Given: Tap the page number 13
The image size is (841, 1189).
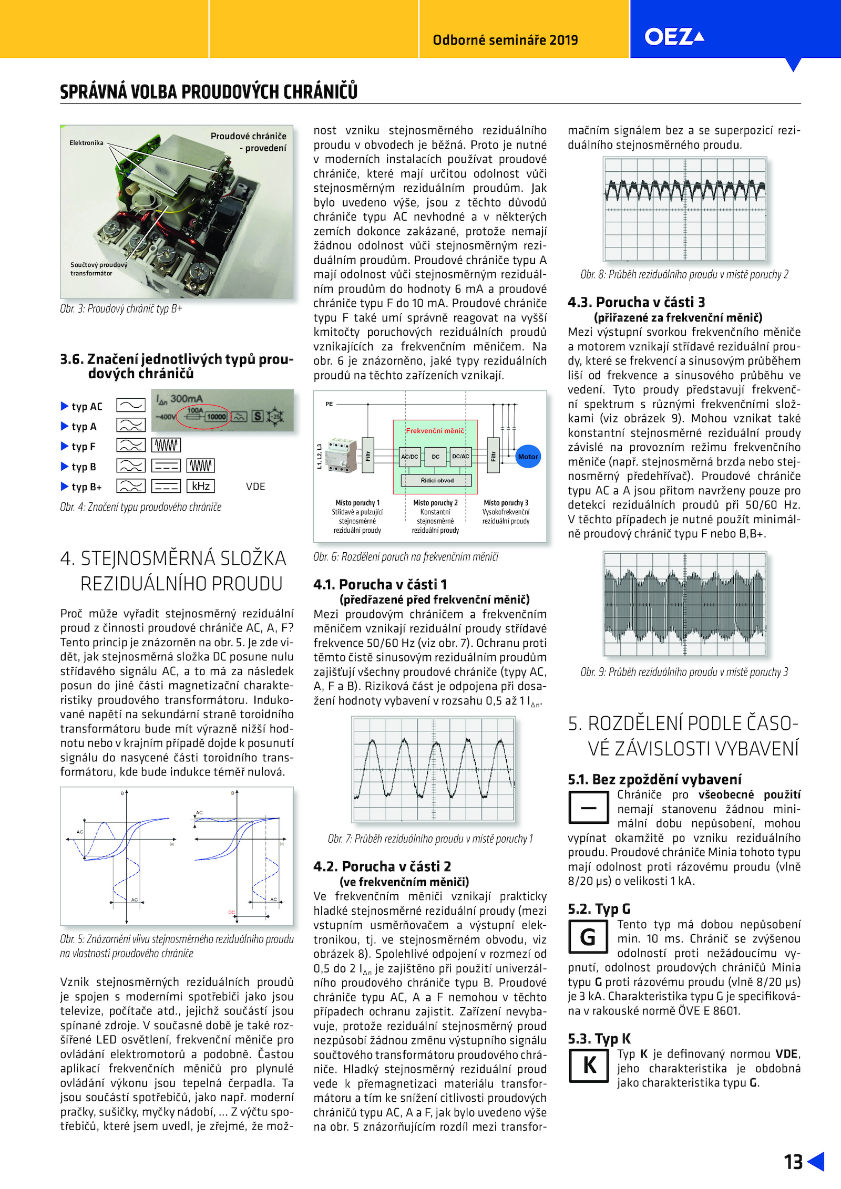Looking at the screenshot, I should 793,1162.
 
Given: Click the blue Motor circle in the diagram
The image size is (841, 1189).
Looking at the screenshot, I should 528,457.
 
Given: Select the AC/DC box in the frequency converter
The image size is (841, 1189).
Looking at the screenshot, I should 409,457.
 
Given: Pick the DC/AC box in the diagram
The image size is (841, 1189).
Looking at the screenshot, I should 460,457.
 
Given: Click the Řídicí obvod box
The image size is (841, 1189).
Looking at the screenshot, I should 437,480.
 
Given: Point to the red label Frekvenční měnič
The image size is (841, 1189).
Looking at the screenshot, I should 435,431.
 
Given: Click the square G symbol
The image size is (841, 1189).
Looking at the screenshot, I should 587,937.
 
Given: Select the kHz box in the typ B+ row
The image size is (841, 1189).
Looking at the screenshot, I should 201,486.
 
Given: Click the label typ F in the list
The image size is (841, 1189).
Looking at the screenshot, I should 84,447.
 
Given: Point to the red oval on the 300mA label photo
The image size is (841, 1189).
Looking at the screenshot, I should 203,417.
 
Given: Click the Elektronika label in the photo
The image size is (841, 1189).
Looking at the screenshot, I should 86,143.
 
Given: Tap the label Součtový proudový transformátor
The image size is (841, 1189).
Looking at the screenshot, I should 98,269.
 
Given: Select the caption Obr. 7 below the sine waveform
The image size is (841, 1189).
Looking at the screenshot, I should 430,839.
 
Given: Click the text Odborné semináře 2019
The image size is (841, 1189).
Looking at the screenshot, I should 505,40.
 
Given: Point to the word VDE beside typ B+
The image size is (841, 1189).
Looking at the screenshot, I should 255,487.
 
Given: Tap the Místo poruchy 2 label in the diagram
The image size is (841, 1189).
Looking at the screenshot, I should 435,503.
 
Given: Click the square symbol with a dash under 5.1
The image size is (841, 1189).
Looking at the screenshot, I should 588,808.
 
